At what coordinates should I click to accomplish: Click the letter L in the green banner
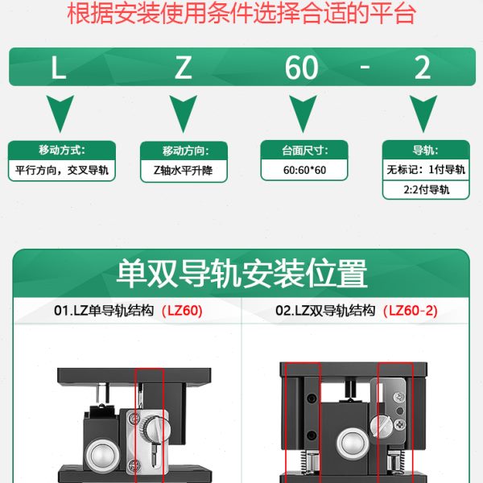58,68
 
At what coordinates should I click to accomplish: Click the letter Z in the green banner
184,68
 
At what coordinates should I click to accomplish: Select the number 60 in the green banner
302,68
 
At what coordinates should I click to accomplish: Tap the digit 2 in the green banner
423,68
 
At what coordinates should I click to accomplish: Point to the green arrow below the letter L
62,113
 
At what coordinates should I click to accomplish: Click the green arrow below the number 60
303,113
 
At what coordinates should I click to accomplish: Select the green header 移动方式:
62,151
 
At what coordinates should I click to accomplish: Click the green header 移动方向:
185,151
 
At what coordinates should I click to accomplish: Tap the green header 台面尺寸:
303,151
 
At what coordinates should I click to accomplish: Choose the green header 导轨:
425,151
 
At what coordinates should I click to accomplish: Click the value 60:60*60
304,170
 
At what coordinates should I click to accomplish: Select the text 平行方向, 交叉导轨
62,171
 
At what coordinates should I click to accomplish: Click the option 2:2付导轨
426,191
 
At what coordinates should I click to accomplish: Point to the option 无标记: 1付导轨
426,170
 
